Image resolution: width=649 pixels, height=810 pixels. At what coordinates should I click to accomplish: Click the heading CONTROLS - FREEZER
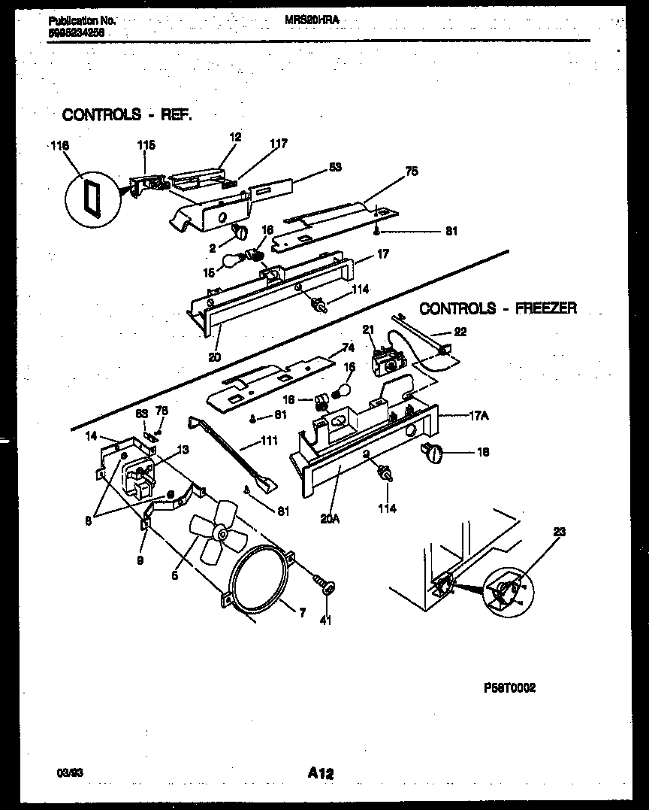(x=498, y=308)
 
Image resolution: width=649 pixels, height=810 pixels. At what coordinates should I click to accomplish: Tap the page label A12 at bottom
(x=321, y=772)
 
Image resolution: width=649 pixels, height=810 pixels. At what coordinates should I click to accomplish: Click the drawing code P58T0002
(x=509, y=687)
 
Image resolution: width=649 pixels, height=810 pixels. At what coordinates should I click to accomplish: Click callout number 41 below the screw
(x=326, y=620)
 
